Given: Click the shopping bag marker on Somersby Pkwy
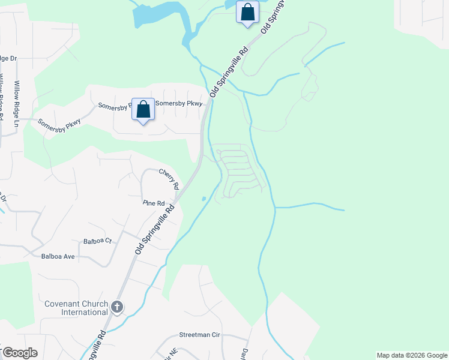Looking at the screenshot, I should click(x=143, y=110).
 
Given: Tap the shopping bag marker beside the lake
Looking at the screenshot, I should click(x=247, y=13).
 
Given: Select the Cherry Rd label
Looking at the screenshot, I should click(x=169, y=179).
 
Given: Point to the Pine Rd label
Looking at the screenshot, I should click(x=154, y=203).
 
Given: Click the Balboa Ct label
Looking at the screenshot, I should click(x=98, y=241).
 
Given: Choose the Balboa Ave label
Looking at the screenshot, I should click(x=58, y=256).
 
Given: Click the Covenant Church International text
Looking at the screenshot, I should click(x=76, y=308).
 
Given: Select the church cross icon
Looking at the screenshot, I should click(x=117, y=308).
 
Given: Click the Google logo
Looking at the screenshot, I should click(x=19, y=353).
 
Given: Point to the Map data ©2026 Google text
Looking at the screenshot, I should click(x=412, y=355).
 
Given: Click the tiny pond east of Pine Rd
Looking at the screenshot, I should click(x=204, y=199).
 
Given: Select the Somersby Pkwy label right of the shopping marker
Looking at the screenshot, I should click(x=179, y=103).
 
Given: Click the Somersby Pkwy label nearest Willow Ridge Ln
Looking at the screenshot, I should click(x=59, y=125).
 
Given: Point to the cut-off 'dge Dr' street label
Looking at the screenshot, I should click(x=8, y=58).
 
